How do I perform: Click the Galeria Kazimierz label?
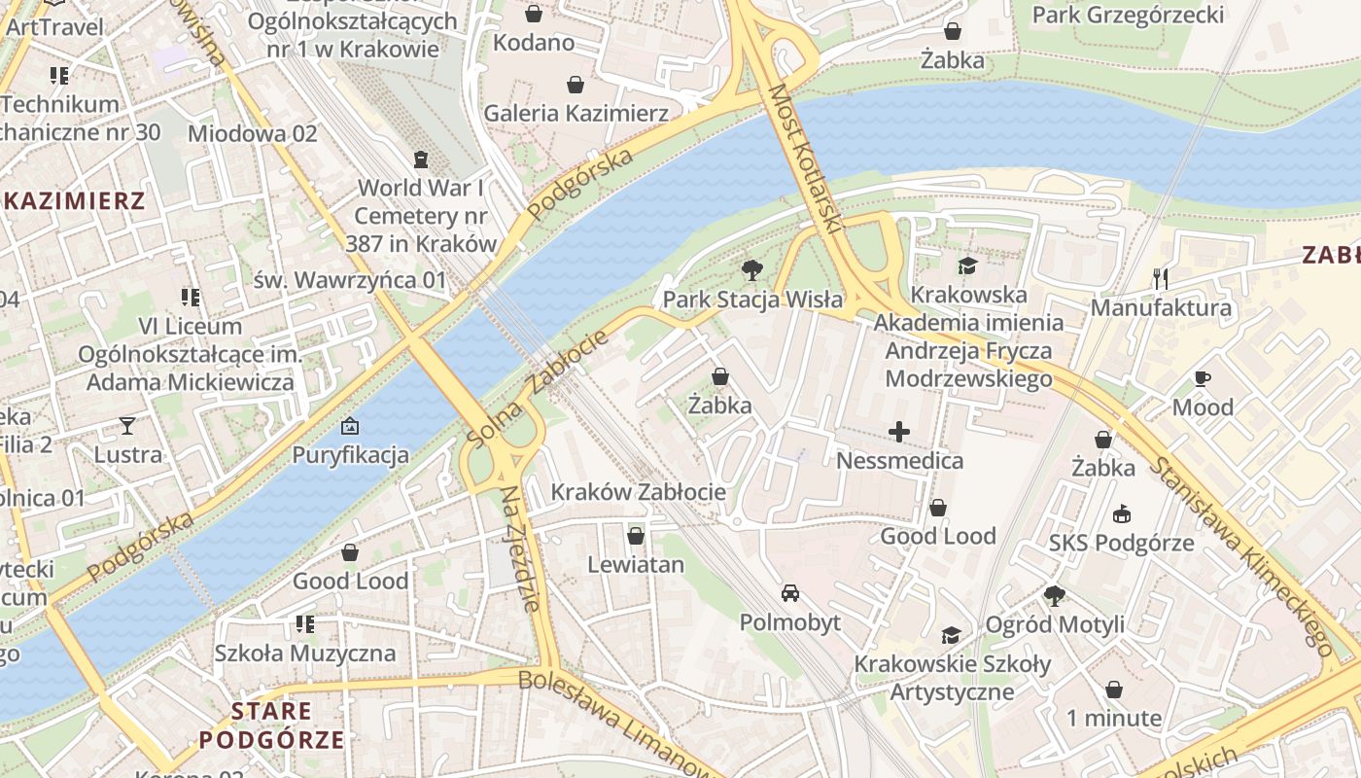pos(576,113)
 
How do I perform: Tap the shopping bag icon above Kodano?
pos(533,14)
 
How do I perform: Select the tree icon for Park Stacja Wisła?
pos(751,269)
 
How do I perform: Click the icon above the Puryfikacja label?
pos(350,426)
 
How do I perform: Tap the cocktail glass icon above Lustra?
pos(127,425)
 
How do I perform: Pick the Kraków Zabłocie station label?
pos(638,492)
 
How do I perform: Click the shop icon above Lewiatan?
pos(636,536)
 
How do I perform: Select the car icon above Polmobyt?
pos(789,592)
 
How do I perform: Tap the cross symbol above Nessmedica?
pos(899,431)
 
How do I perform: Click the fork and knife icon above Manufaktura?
pos(1160,279)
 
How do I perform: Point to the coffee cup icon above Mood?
pos(1202,378)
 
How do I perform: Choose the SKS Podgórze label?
pos(1121,543)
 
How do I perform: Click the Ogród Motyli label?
pos(1055,624)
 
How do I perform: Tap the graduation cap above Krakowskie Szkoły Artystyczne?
pos(951,635)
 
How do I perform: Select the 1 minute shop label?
pos(1113,719)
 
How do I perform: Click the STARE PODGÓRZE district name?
pos(271,725)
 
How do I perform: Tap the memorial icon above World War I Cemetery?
pos(421,159)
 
